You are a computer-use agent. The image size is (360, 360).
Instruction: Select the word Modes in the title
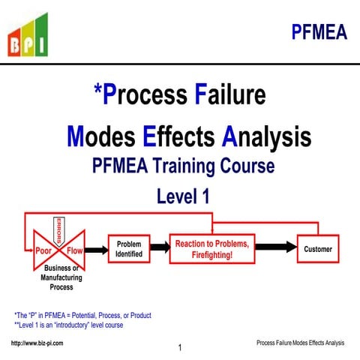101,136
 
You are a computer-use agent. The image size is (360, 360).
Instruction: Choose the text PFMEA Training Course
183,166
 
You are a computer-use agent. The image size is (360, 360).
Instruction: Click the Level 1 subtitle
182,196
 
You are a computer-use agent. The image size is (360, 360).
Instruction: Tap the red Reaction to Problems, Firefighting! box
214,249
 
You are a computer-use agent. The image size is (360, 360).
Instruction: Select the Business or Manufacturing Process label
61,277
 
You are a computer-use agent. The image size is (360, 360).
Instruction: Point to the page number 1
180,348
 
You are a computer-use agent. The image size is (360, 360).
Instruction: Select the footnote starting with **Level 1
68,325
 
